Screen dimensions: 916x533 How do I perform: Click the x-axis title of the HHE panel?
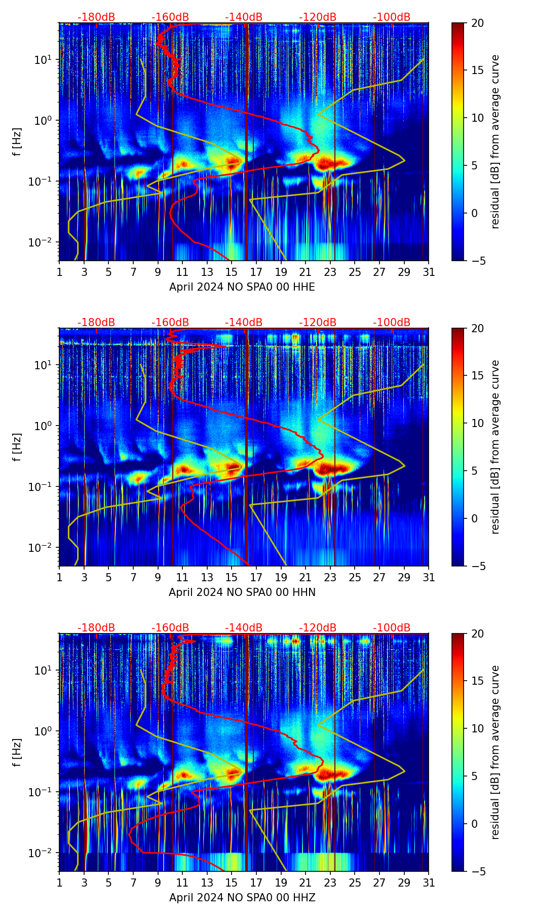242,287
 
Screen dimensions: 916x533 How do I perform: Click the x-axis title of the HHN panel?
242,592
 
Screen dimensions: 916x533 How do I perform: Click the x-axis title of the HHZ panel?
242,898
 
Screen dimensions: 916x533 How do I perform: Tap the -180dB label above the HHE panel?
96,17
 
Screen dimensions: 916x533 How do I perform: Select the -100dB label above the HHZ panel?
392,628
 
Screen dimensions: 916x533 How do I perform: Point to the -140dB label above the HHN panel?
244,323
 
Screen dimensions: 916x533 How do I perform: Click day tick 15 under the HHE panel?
232,272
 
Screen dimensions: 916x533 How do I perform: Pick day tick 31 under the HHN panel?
429,578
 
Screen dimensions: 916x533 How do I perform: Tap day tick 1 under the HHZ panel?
59,883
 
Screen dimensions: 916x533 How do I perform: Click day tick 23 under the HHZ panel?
330,883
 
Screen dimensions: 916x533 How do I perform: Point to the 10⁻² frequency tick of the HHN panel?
45,548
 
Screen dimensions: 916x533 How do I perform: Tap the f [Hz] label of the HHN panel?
18,447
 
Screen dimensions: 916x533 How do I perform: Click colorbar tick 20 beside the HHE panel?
478,23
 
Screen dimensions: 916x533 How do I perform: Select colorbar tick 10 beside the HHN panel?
478,423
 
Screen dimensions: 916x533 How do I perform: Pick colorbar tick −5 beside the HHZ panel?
478,871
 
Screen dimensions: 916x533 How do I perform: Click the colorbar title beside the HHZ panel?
496,752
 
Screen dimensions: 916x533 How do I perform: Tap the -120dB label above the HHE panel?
318,17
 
